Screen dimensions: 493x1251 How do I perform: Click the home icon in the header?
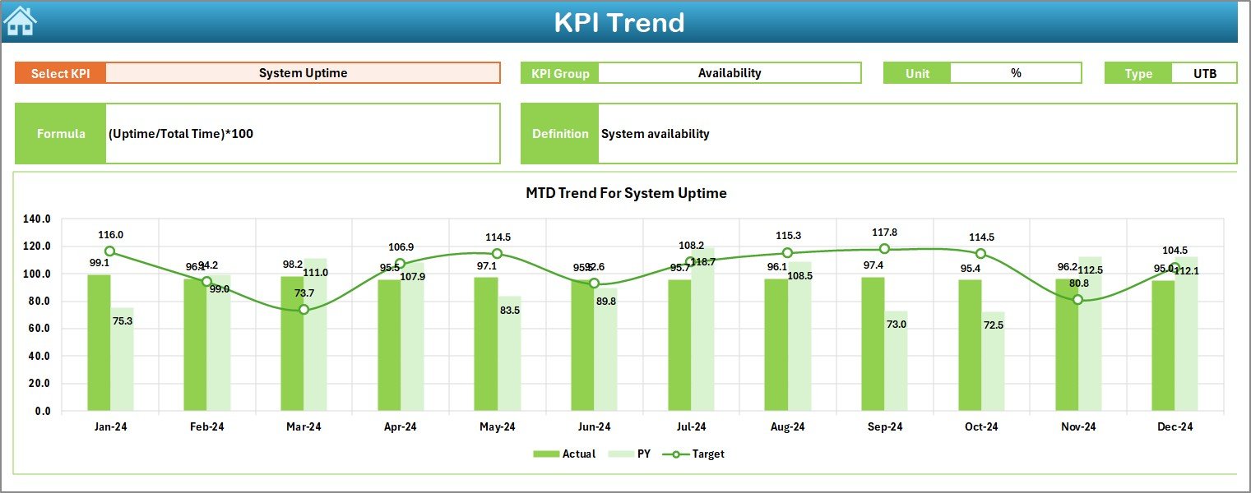pyautogui.click(x=20, y=21)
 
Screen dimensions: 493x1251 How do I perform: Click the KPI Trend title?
pyautogui.click(x=619, y=22)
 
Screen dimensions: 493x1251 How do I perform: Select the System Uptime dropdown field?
pyautogui.click(x=303, y=73)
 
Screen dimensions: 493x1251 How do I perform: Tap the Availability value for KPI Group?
pyautogui.click(x=729, y=73)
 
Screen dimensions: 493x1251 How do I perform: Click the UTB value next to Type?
pyautogui.click(x=1204, y=73)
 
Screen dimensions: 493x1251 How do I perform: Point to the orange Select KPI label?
pyautogui.click(x=60, y=73)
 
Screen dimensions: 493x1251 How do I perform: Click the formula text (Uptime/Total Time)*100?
pyautogui.click(x=181, y=134)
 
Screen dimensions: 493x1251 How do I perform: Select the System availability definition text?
pyautogui.click(x=655, y=134)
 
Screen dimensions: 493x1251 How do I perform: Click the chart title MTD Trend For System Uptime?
pyautogui.click(x=626, y=194)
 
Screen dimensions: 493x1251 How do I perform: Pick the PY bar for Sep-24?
pyautogui.click(x=896, y=362)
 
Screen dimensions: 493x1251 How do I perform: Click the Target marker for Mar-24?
pyautogui.click(x=303, y=310)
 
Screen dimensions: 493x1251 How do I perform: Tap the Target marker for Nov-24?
pyautogui.click(x=1078, y=300)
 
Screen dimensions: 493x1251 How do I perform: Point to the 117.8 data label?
pyautogui.click(x=884, y=233)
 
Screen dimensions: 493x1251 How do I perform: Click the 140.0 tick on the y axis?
pyautogui.click(x=37, y=219)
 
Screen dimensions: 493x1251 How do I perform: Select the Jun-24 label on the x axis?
pyautogui.click(x=594, y=426)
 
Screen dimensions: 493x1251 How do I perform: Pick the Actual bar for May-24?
pyautogui.click(x=485, y=344)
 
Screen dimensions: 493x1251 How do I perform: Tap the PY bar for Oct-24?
pyautogui.click(x=993, y=362)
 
